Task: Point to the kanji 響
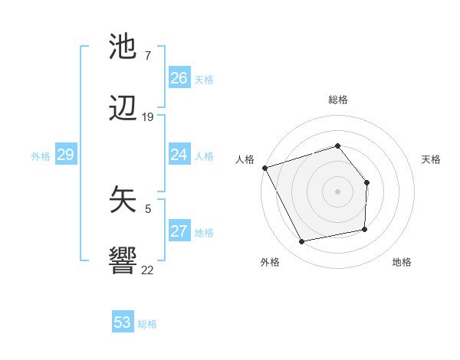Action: tap(123, 261)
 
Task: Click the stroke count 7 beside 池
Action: tap(147, 56)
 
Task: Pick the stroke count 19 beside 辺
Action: tap(148, 117)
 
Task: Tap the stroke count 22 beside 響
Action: tap(147, 269)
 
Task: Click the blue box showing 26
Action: tap(179, 78)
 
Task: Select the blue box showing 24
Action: tap(179, 155)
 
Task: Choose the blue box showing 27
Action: tap(179, 231)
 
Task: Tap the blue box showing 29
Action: tap(65, 155)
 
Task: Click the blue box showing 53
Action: tap(123, 322)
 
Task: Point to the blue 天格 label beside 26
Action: tap(204, 79)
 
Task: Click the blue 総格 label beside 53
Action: tap(147, 324)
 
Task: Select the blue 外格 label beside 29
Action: tap(41, 156)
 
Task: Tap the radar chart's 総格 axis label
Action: tap(337, 100)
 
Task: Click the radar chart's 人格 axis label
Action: tap(245, 159)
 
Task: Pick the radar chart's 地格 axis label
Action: tap(402, 262)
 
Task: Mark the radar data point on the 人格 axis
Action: tap(264, 168)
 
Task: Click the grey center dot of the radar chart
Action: tap(337, 191)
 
